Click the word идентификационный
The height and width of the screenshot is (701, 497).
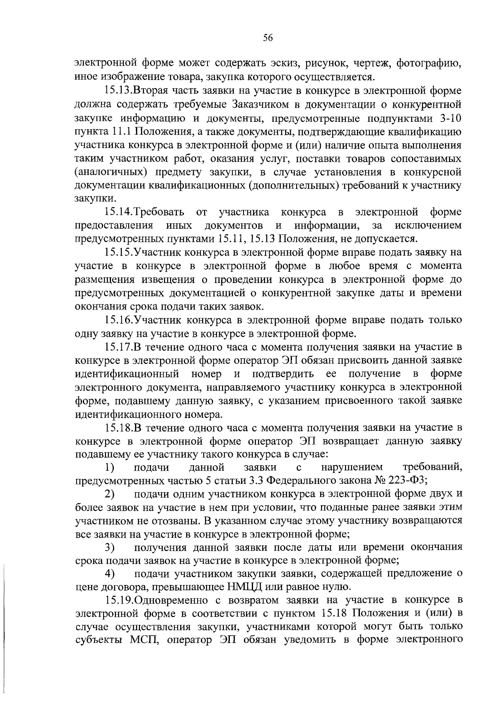127,374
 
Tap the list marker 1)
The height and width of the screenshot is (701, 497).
109,468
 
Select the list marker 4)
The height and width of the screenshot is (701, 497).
109,574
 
